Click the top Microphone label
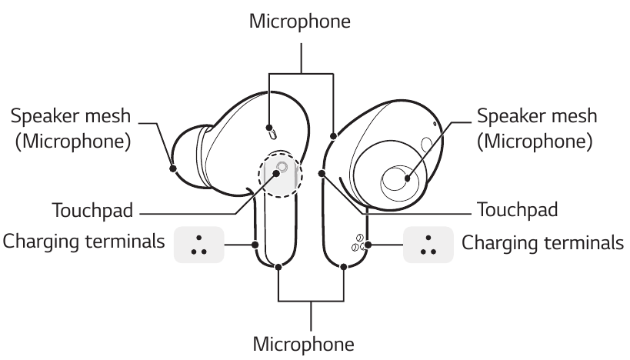pos(300,22)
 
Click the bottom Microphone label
pos(309,341)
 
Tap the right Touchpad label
pos(517,209)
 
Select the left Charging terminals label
pos(84,242)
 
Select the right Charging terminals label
pos(542,242)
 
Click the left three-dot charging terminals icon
pos(198,244)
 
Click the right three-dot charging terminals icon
pos(425,244)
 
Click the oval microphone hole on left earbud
pos(271,132)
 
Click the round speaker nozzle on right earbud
pos(400,182)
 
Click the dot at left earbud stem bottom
pos(278,268)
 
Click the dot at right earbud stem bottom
pos(342,268)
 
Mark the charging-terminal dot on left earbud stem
pos(255,245)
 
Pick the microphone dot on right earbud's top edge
pos(332,136)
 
